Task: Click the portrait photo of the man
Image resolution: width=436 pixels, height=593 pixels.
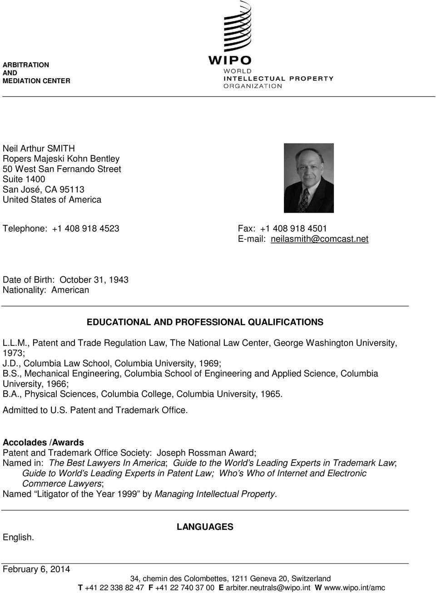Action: point(309,178)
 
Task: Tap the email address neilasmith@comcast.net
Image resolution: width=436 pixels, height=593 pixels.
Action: point(319,239)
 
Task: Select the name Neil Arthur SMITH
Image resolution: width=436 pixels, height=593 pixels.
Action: point(39,149)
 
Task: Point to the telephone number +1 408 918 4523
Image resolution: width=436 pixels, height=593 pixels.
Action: point(85,229)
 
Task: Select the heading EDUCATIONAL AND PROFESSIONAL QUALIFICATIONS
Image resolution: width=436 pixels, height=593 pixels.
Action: point(205,322)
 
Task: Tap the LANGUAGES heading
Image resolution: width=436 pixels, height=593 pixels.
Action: point(205,527)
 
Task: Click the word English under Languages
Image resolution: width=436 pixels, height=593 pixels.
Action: point(18,538)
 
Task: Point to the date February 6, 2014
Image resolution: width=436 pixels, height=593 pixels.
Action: point(36,569)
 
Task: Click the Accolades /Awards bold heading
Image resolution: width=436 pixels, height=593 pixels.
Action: point(43,442)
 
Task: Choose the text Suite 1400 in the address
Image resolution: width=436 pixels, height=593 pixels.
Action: point(24,179)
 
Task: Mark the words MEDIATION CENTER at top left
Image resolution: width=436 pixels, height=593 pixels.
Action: point(36,81)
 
